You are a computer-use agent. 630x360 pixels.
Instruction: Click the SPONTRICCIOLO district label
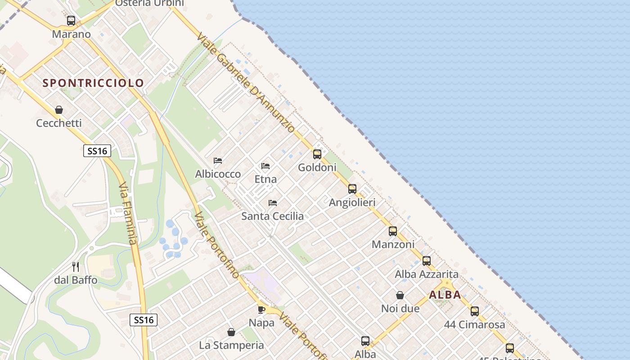(93, 83)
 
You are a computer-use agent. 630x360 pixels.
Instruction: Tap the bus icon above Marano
(71, 21)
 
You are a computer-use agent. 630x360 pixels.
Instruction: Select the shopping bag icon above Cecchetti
(59, 110)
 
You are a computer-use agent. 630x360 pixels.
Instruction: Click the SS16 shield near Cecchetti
(97, 151)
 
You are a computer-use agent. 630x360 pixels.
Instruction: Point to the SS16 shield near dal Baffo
(144, 320)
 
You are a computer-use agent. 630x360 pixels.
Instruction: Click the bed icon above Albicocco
(218, 161)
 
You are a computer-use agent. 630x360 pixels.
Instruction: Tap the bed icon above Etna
(265, 166)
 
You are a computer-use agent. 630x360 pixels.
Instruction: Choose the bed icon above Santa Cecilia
(273, 203)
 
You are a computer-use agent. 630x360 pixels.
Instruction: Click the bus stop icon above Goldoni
(317, 154)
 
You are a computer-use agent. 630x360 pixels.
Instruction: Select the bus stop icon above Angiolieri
(352, 189)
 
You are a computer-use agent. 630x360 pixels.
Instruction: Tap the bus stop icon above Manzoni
(393, 231)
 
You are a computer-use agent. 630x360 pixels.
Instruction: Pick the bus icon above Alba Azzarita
(427, 261)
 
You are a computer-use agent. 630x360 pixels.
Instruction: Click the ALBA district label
(445, 295)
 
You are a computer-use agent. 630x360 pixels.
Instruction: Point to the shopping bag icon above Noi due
(400, 295)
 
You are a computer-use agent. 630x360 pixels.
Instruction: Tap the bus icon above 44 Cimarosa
(475, 311)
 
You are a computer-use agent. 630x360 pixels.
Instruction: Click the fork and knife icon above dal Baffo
(76, 267)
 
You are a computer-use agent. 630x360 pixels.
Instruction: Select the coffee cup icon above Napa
(261, 310)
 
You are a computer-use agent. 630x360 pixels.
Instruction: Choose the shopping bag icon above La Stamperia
(231, 332)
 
